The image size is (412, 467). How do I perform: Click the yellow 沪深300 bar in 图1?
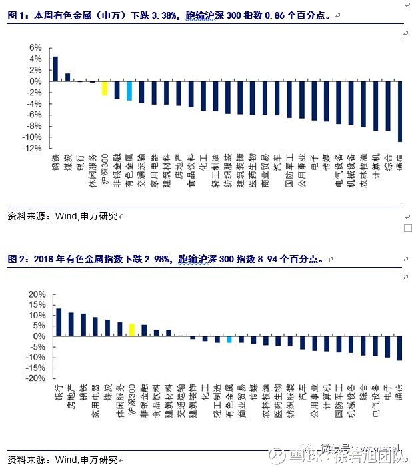[105, 88]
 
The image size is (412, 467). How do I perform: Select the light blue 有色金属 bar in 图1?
[129, 91]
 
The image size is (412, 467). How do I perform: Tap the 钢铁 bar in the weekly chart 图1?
[55, 69]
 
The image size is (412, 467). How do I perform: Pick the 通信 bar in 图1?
[400, 111]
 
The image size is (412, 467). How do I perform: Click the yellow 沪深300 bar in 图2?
[132, 330]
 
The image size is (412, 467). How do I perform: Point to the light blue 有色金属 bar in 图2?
[229, 339]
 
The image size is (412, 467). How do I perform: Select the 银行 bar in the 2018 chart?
[59, 322]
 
